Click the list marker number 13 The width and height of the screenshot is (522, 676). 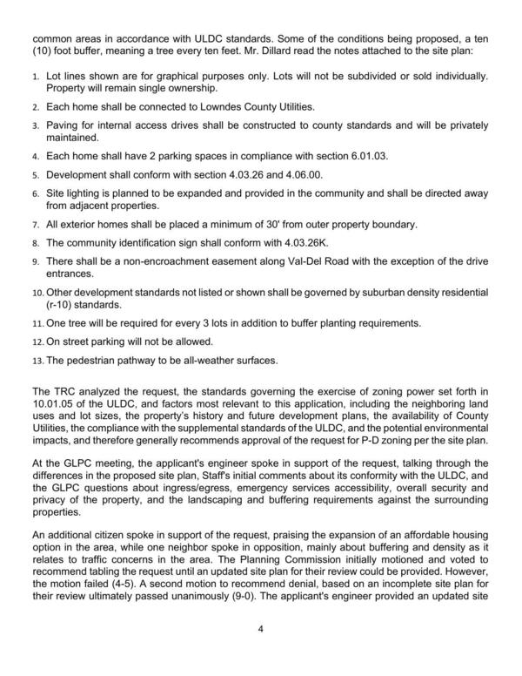coord(37,359)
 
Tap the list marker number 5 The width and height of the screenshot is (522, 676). coord(37,174)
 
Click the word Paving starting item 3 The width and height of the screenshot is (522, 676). coord(64,125)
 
